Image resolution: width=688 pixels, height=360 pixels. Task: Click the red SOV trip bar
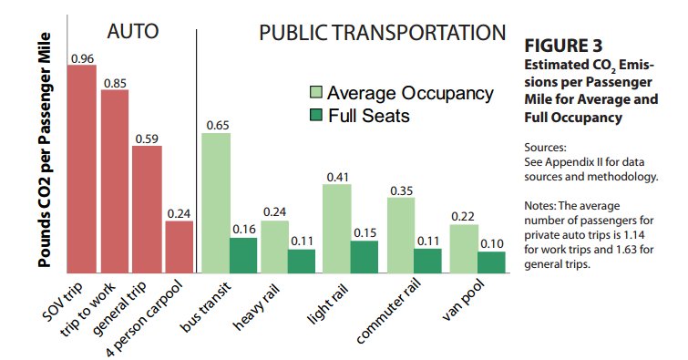click(x=82, y=169)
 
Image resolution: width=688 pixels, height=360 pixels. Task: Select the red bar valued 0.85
click(x=115, y=181)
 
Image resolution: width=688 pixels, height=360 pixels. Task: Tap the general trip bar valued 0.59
click(x=147, y=210)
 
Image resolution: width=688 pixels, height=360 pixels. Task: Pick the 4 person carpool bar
click(x=179, y=247)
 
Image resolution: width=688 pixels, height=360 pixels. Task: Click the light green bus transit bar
click(x=216, y=203)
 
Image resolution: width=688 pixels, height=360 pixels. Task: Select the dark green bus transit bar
click(x=243, y=255)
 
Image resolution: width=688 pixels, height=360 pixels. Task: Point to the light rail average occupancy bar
click(x=337, y=229)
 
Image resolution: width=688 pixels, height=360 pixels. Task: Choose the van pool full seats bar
click(x=491, y=262)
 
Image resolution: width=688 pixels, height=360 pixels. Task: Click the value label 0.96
click(x=83, y=58)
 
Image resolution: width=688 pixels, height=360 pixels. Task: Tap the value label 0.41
click(x=338, y=178)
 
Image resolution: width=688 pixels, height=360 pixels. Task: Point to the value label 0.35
click(x=402, y=191)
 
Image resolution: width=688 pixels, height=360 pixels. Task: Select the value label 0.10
click(x=492, y=244)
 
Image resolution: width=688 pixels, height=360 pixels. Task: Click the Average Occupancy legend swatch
click(x=316, y=92)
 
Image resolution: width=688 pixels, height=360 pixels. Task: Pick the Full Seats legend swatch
click(x=316, y=115)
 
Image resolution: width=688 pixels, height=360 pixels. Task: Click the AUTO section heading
click(x=132, y=32)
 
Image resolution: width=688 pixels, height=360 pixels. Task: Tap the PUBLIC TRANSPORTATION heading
click(x=382, y=33)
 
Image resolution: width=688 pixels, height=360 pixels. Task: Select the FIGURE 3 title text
click(x=563, y=46)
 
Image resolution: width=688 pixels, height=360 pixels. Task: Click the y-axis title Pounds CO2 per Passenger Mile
click(x=45, y=150)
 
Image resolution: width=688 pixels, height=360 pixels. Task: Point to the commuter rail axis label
click(x=388, y=312)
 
